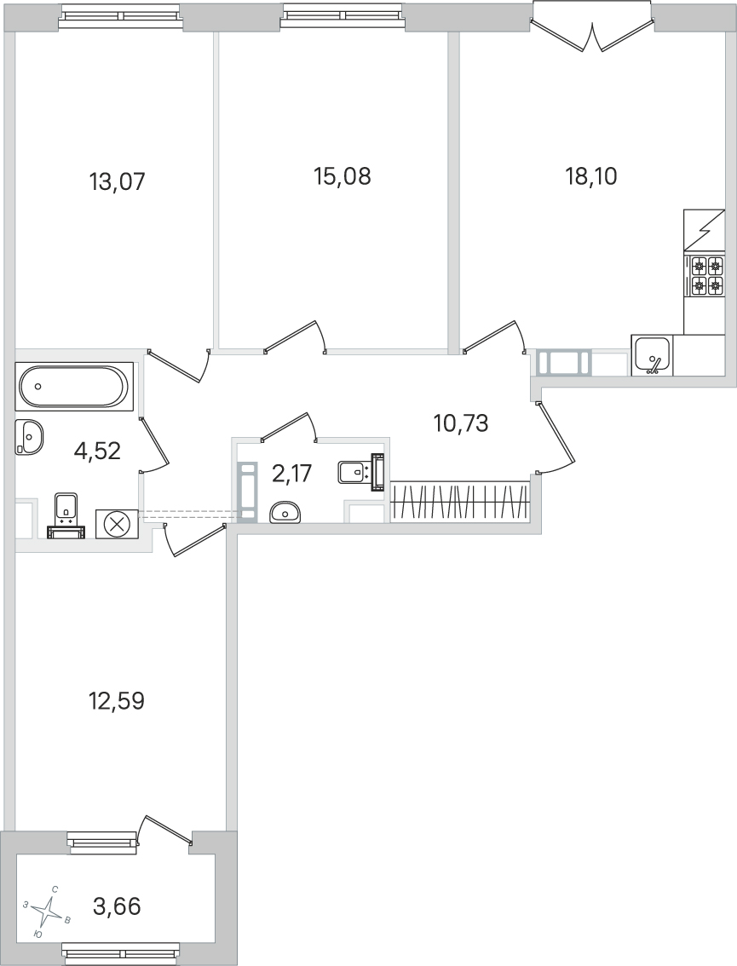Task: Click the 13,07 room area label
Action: tap(117, 181)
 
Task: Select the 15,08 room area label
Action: tap(342, 176)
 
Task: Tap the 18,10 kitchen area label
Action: tap(591, 176)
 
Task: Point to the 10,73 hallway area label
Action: tap(461, 423)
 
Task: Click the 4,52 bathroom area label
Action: tap(97, 451)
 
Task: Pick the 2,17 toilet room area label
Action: tap(292, 474)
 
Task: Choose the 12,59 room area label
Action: tap(117, 700)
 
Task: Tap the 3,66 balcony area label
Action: tap(117, 906)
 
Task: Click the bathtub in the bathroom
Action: tap(75, 386)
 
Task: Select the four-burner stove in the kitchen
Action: tap(706, 275)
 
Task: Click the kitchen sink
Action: tap(652, 355)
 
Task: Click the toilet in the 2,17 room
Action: tap(362, 471)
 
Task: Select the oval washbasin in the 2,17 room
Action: tap(285, 511)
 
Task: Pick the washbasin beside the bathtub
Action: tap(29, 436)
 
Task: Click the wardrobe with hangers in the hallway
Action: tap(460, 502)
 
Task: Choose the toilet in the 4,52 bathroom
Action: tap(66, 515)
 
